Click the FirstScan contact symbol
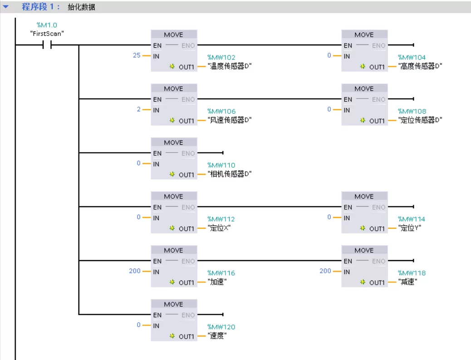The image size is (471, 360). [x=47, y=45]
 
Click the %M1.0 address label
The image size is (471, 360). [x=47, y=25]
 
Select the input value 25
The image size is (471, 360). [x=137, y=55]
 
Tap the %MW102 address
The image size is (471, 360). [x=221, y=58]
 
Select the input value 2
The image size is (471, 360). [x=138, y=109]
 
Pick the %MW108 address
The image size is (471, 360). [x=412, y=112]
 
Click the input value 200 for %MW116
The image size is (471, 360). [x=135, y=271]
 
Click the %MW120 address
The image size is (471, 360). [x=221, y=327]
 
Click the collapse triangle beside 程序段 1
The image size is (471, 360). [x=6, y=7]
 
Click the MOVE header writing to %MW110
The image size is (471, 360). [x=174, y=143]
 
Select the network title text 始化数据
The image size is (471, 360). [x=82, y=7]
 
